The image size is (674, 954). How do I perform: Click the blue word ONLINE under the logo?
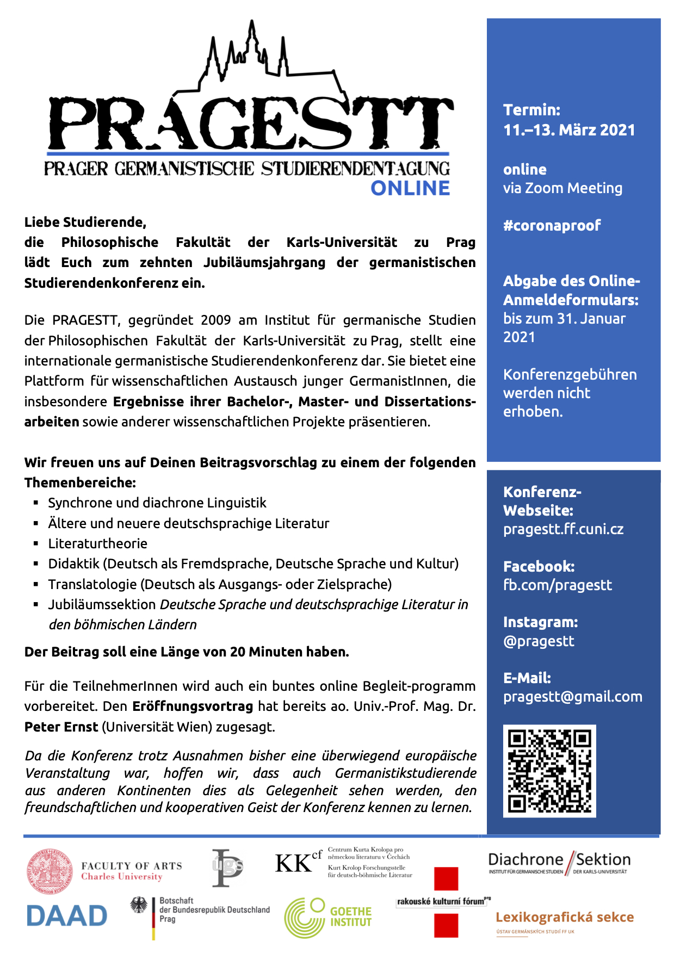coord(410,188)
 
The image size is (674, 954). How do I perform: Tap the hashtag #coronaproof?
coord(552,225)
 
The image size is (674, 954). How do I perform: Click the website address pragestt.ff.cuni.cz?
coord(563,529)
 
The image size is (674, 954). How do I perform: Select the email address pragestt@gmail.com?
coord(572,696)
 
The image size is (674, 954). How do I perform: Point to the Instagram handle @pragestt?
coord(539,641)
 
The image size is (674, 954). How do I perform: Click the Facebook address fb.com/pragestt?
coord(557,585)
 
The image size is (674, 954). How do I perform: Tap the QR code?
coord(549,770)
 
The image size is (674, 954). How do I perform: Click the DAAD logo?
coord(67,916)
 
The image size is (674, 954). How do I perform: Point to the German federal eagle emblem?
coord(139,905)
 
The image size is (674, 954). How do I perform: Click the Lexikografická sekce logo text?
coord(564,917)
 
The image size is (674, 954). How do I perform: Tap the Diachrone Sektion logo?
coord(559,862)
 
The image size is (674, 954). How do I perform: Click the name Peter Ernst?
coord(61,727)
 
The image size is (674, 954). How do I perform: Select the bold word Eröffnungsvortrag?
coord(193,706)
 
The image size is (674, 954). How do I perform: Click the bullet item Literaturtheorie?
coord(97,543)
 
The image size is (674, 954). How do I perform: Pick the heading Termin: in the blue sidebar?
coord(531,110)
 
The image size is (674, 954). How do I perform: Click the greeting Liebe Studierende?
coord(85,222)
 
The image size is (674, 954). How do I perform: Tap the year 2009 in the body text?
coord(216,320)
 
